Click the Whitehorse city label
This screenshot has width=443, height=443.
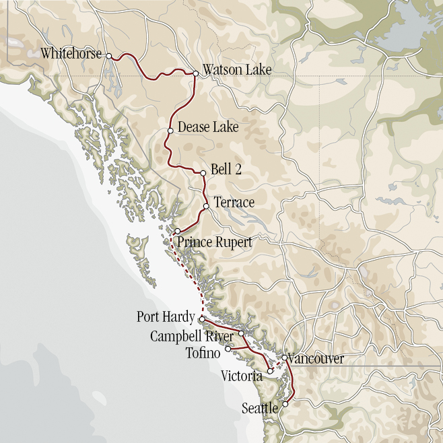(71, 54)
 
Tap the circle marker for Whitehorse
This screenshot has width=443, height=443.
(108, 57)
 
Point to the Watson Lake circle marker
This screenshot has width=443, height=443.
(195, 73)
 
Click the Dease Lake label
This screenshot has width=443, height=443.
(208, 127)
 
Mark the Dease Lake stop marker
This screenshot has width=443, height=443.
(170, 131)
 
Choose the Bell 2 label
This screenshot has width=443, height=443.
(226, 171)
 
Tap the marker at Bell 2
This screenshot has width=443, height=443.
(203, 173)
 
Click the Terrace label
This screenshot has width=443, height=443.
(234, 203)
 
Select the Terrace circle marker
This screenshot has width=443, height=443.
(206, 206)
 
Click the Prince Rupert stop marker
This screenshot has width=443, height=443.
(177, 231)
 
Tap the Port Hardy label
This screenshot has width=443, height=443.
(166, 316)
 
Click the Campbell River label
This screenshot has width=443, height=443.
(192, 335)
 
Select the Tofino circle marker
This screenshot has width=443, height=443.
(228, 349)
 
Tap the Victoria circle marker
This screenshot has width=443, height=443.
(270, 371)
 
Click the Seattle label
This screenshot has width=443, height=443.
(261, 408)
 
